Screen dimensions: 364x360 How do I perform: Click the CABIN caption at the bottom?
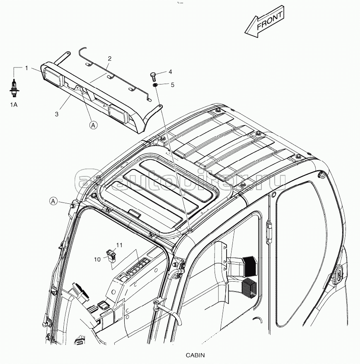195,355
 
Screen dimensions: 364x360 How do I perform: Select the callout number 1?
27,67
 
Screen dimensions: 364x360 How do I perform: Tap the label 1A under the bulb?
14,105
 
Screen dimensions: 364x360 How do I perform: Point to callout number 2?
110,58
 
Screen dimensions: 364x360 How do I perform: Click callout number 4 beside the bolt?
170,72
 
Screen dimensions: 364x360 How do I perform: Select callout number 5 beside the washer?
172,84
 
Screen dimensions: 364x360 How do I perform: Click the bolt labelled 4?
152,77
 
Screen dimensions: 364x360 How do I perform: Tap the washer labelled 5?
155,85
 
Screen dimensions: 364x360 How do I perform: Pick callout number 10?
97,259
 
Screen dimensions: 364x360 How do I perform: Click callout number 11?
119,246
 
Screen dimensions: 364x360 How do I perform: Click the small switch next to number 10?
111,255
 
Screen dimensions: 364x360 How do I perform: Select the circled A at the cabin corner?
53,201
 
